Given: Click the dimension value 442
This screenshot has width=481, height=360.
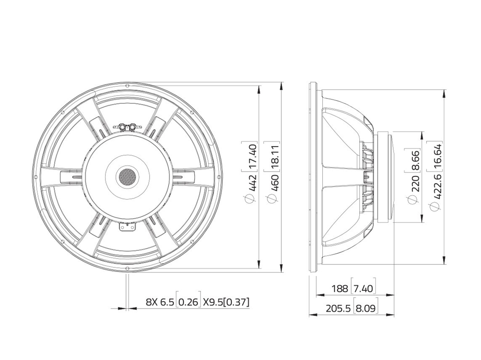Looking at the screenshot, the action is coord(252,183).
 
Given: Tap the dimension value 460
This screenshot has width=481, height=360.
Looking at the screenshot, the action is coord(274,183).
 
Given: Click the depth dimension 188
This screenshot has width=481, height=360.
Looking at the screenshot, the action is coord(340,288).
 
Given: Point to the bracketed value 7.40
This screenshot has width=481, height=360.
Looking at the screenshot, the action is coord(363,288).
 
